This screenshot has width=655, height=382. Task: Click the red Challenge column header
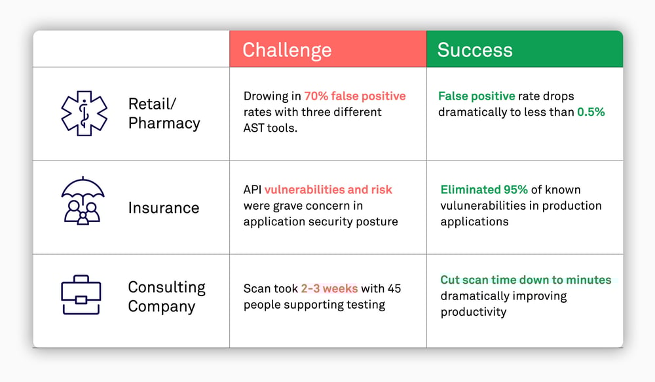coord(328,49)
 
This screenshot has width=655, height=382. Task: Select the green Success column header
coord(525,49)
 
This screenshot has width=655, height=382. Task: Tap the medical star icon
coord(84,113)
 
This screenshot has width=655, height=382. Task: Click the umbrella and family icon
coord(83,201)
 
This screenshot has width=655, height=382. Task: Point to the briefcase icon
coord(81,295)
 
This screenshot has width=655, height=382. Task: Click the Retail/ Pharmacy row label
coord(164,113)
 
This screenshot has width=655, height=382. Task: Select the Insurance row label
coord(164,208)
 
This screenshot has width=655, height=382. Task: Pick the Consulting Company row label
coord(166,296)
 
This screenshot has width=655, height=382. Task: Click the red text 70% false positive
coord(355,96)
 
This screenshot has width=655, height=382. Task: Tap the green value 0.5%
coord(591,112)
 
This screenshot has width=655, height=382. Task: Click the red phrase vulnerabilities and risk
coord(328,190)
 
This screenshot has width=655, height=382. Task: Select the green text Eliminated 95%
coord(484,190)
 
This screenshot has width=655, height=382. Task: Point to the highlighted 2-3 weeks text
coord(329,288)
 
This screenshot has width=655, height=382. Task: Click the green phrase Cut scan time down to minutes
coord(526,280)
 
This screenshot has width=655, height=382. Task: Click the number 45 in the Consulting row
coord(394,288)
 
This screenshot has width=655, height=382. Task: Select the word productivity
coord(474,312)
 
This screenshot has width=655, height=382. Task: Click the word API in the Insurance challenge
coord(252,190)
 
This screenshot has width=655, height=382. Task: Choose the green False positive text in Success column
coord(477,96)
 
